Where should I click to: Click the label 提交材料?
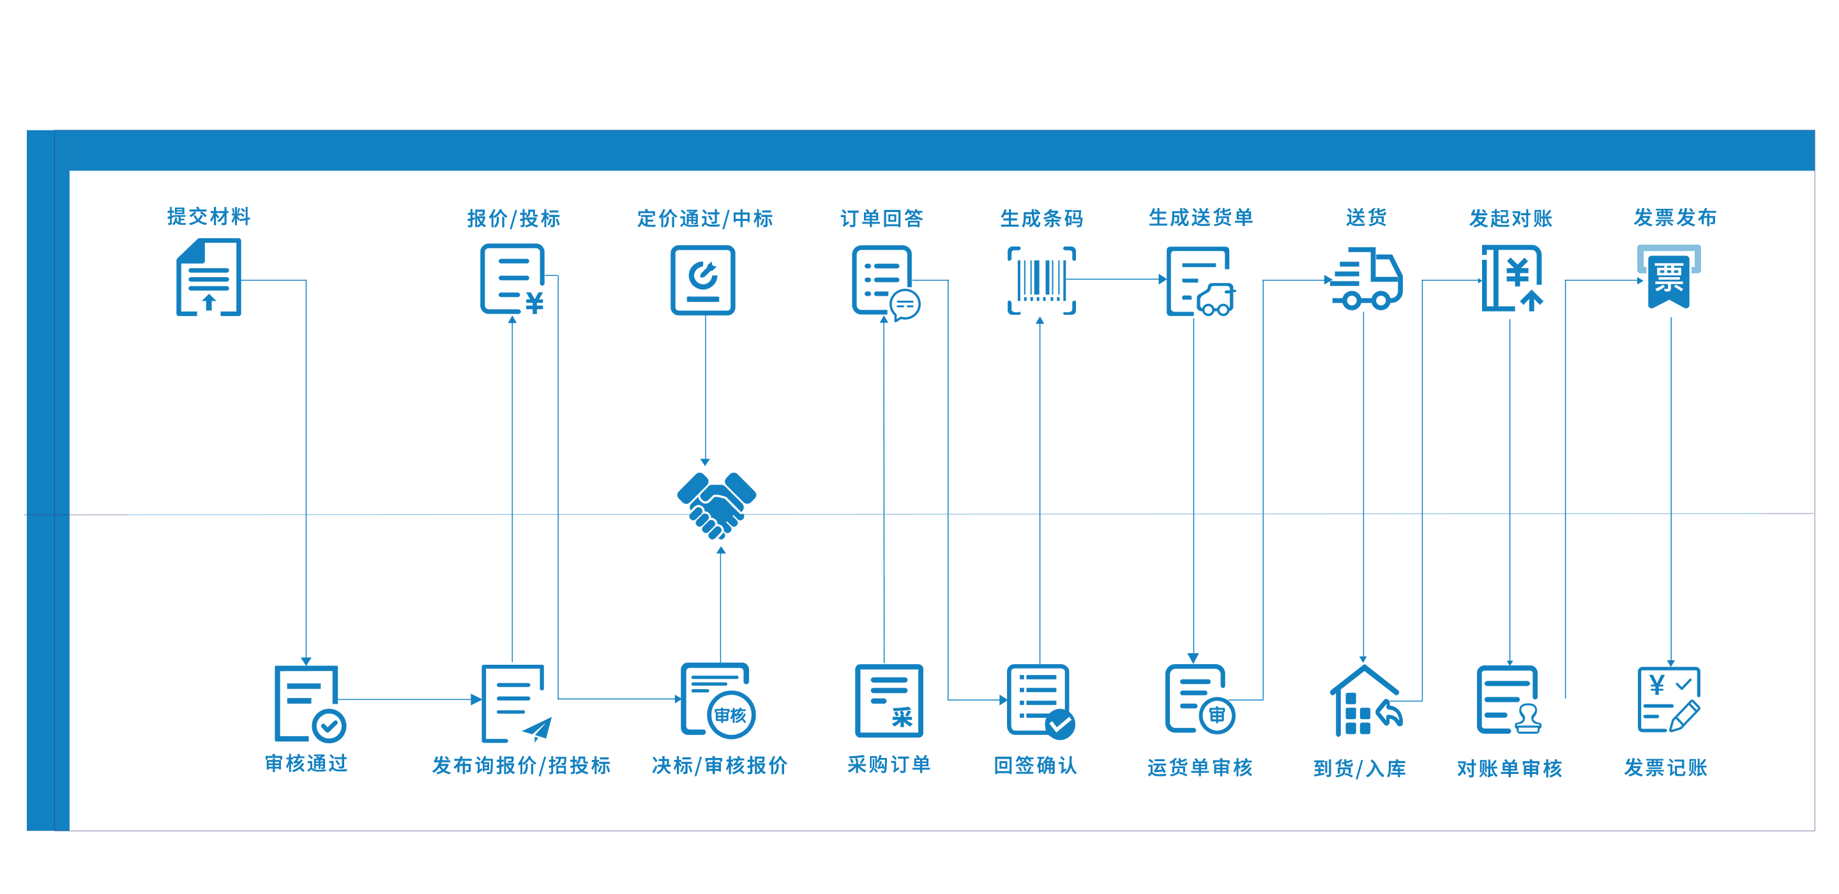click(208, 216)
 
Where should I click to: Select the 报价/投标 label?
click(513, 218)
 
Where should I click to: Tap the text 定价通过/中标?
click(704, 218)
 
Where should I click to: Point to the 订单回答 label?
click(882, 218)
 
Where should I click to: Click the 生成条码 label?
click(1041, 218)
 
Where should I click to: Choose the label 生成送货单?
click(1200, 218)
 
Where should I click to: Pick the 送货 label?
click(1366, 218)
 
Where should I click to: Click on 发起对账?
click(1511, 218)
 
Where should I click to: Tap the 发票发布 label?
click(1675, 218)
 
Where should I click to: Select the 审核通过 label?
click(306, 764)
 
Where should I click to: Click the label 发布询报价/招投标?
click(521, 766)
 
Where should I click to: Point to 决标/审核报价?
click(720, 766)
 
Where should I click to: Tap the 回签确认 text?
click(1035, 766)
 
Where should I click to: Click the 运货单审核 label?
click(1200, 768)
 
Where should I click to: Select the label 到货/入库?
click(1359, 769)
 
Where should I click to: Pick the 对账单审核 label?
click(1509, 769)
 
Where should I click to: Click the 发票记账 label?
click(1665, 768)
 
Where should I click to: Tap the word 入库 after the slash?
click(1386, 769)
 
